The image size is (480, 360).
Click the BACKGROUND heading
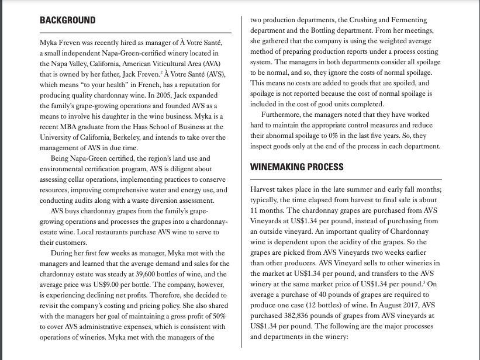pos(68,20)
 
